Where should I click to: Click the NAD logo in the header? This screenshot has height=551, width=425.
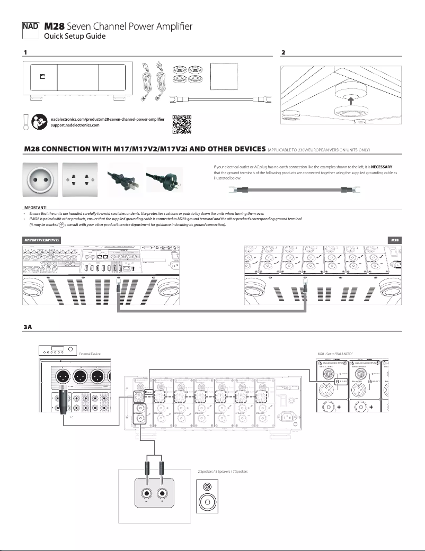[x=31, y=26]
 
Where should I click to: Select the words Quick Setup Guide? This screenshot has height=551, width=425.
[x=75, y=37]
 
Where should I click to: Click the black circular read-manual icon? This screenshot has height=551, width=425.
[x=39, y=122]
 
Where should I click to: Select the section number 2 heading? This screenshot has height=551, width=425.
[x=284, y=53]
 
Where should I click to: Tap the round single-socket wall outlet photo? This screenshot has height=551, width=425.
[x=40, y=178]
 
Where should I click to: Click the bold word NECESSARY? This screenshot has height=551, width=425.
[x=382, y=167]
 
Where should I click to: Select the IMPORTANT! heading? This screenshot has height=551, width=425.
[x=36, y=207]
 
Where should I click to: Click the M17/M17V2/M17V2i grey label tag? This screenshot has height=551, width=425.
[x=41, y=240]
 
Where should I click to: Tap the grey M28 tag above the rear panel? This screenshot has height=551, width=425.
[x=394, y=240]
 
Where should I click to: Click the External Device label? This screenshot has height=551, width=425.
[x=89, y=353]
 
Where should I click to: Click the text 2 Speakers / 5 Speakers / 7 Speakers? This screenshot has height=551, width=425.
[x=223, y=471]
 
